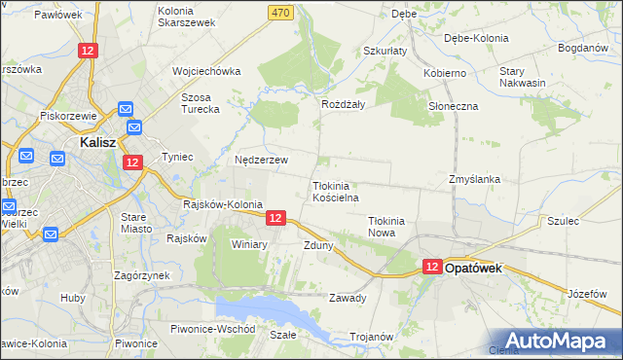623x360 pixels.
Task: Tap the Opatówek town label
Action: coord(473,268)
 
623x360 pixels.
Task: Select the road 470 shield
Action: coord(281,12)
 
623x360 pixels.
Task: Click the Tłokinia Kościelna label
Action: coord(337,192)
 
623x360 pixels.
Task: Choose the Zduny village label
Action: coord(318,245)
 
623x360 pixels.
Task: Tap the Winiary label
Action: coord(249,244)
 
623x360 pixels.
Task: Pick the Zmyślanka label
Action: coord(474,179)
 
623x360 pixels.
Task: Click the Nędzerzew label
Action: coord(261,160)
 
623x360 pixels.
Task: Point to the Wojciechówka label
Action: coord(205,71)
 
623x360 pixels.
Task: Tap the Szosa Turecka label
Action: coord(202,103)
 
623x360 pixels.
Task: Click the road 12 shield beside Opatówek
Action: coord(433,267)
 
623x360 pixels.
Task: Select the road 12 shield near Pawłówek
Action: coord(89,51)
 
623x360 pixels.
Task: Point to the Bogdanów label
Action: coord(582,47)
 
